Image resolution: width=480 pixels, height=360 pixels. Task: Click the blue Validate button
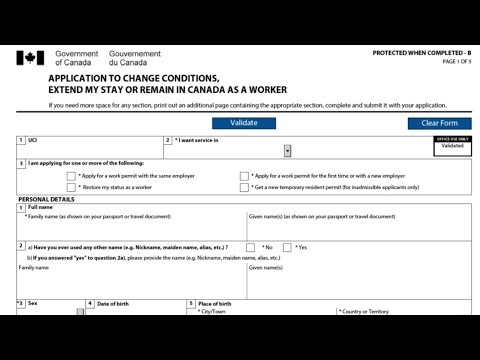click(244, 123)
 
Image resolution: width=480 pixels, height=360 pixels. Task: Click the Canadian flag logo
click(30, 58)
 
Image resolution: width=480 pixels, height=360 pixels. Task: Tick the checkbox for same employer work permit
click(72, 175)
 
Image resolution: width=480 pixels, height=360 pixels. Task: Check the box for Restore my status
click(72, 187)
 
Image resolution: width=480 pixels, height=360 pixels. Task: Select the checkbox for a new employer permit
click(244, 175)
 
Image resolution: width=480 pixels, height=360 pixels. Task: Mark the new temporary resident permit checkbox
click(244, 187)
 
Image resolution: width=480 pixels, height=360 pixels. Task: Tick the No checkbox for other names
click(254, 247)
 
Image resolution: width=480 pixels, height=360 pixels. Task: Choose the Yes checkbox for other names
click(288, 247)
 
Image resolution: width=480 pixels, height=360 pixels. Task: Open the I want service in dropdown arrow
click(288, 151)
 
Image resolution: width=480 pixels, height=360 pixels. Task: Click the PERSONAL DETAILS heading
click(46, 199)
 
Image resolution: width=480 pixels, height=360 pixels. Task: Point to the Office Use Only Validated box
click(452, 146)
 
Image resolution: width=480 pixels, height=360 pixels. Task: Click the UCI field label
click(33, 141)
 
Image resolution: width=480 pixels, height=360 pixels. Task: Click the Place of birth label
click(215, 303)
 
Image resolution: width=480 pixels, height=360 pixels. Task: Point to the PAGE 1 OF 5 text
click(456, 62)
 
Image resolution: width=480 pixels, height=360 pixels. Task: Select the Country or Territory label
click(364, 312)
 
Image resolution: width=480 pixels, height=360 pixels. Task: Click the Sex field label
click(33, 303)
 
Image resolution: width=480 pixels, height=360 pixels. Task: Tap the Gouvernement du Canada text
click(134, 58)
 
